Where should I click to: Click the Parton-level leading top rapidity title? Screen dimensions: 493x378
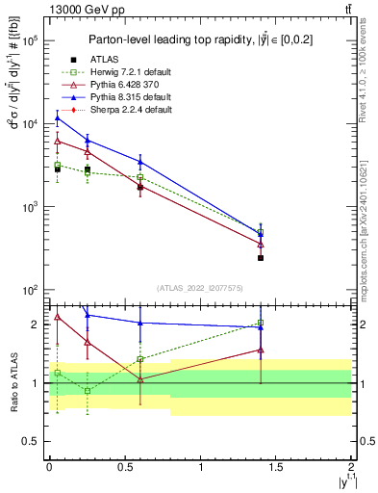pos(200,39)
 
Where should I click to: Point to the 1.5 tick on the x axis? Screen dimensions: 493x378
pos(276,466)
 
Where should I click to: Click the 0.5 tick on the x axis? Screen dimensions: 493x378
pos(125,466)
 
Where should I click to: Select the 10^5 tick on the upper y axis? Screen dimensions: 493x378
pos(32,41)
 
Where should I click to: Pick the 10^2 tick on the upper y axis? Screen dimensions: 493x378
pos(32,290)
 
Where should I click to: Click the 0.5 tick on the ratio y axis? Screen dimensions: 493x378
pos(35,441)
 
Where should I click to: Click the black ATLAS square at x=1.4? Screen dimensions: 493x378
pos(261,257)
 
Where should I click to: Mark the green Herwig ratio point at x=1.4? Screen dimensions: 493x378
pos(261,324)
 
